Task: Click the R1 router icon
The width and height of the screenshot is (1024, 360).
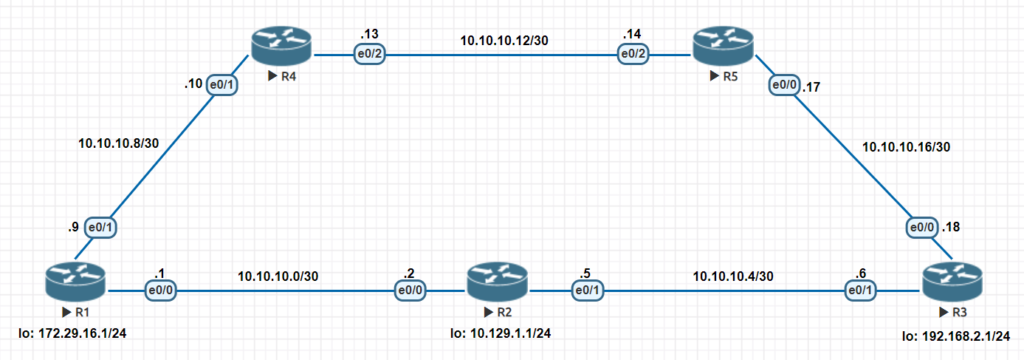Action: [74, 280]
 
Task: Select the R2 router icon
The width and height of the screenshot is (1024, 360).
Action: [491, 280]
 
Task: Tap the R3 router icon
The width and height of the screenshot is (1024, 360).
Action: [950, 280]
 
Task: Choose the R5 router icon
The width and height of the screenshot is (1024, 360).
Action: [723, 44]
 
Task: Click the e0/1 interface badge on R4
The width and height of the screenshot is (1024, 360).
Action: [221, 86]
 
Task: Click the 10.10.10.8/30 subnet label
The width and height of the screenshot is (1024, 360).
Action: [118, 143]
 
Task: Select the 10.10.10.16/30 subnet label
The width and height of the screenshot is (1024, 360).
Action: [906, 147]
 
